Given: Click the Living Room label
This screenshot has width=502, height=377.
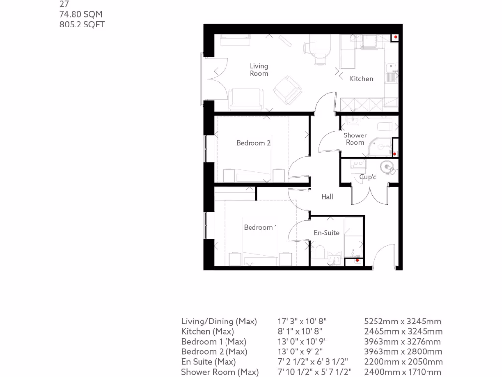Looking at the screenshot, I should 259,70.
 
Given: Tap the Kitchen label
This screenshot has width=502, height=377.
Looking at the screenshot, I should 361,79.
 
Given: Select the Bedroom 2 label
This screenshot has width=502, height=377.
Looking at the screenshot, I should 253,143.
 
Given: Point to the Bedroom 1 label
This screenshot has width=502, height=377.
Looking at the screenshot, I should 261,227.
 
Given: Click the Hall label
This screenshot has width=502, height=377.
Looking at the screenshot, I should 327,197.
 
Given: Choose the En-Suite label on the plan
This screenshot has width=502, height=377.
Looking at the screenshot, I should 326,233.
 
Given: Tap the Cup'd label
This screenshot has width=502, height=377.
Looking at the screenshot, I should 368,177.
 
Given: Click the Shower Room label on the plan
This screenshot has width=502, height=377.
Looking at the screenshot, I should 355,139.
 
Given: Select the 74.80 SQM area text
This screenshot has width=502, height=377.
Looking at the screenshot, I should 81,15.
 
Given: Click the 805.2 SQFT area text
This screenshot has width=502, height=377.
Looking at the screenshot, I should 82,25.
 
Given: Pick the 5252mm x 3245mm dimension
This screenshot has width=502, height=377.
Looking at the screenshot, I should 402,322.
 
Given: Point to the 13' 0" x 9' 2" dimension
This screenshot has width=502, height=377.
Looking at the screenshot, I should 302,351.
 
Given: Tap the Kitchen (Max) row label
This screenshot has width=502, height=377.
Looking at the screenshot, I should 207,331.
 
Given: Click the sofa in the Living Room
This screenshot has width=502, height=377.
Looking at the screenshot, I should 246,98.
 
